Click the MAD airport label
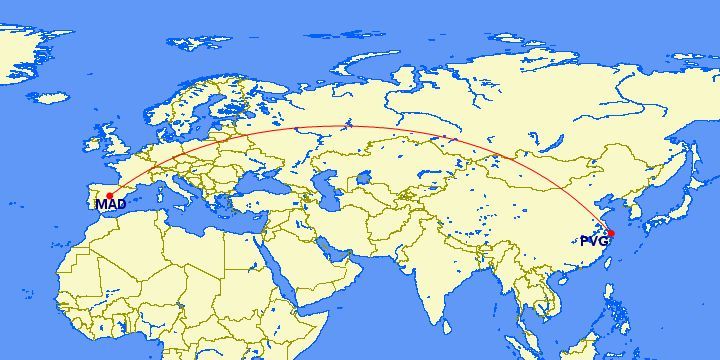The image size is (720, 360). tap(110, 205)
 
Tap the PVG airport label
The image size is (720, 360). tap(593, 241)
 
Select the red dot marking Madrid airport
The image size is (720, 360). tap(109, 196)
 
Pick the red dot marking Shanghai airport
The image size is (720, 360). tap(610, 234)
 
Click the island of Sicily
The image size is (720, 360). tap(187, 210)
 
